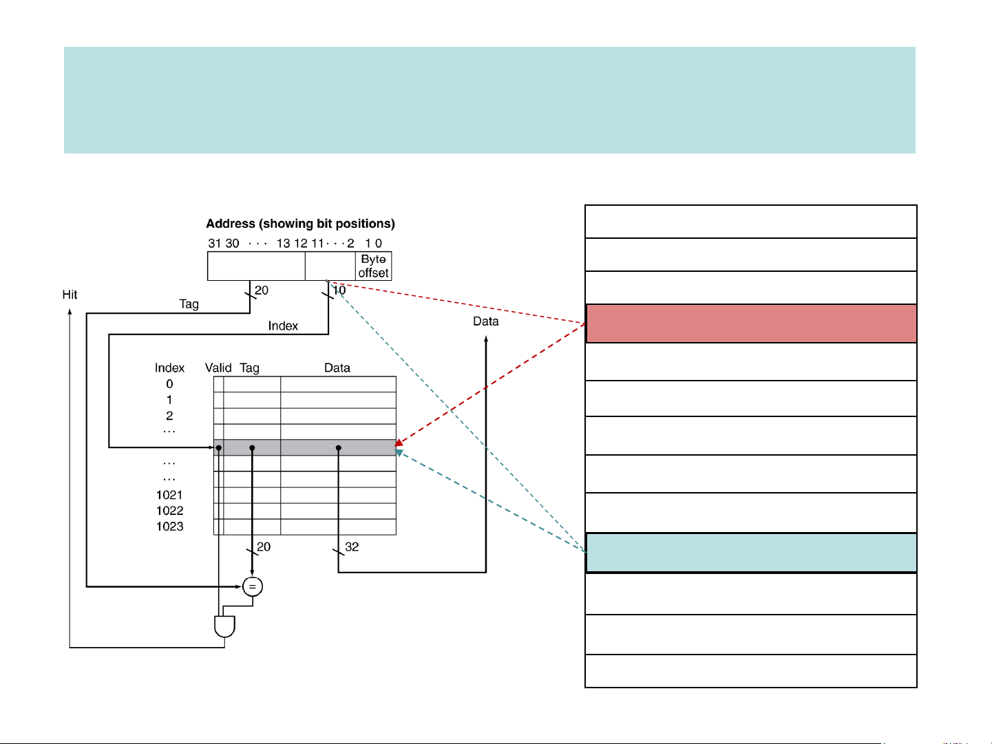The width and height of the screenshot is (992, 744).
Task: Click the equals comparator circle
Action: [253, 586]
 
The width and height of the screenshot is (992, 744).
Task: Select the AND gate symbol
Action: [224, 626]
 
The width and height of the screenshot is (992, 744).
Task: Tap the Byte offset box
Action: [374, 266]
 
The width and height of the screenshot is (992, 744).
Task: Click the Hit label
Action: [70, 295]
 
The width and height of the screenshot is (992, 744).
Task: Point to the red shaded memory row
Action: [751, 323]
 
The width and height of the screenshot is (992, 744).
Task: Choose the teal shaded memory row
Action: [751, 553]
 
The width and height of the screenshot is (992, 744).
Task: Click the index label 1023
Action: [169, 527]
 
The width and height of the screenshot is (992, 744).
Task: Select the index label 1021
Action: [169, 495]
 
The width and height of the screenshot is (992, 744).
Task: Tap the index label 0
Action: [169, 384]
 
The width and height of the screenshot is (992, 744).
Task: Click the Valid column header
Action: [218, 368]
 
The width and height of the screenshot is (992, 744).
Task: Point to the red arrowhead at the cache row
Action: [399, 443]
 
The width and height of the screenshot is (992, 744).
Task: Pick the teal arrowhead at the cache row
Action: [399, 452]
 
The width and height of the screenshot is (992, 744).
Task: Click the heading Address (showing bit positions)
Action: [300, 224]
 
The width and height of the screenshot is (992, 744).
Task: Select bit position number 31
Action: [214, 243]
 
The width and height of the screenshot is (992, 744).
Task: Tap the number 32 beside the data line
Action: [352, 546]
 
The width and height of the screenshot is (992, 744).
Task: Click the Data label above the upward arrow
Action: [485, 321]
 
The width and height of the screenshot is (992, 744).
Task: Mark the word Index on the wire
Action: [283, 326]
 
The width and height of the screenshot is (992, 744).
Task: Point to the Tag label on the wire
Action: [189, 304]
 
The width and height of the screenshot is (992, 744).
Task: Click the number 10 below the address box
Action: [339, 290]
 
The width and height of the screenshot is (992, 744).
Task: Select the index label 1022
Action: [169, 511]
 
